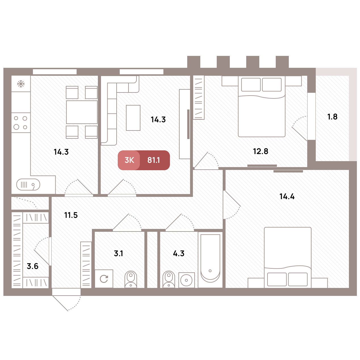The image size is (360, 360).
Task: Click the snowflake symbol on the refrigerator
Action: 21,84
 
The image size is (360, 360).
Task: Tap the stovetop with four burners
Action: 21,123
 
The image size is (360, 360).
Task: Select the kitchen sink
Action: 28,185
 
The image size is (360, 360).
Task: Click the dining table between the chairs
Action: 82,112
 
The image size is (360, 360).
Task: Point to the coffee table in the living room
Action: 133,118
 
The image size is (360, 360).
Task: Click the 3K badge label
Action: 129,160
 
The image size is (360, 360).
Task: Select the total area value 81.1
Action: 153,160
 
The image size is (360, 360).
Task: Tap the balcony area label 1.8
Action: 332,117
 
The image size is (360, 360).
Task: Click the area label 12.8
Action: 261,151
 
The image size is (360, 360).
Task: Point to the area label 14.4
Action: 287,197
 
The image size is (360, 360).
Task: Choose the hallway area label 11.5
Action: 71,215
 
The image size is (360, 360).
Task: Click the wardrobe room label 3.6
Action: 33,266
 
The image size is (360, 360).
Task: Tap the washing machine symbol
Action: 104,279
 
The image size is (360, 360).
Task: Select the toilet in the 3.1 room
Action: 131,279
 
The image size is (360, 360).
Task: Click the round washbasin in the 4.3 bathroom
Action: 186,280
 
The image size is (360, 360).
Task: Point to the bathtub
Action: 210,260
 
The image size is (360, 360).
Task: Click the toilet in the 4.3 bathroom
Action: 169,279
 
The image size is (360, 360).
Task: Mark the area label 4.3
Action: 179,254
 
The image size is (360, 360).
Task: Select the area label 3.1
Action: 119,254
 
